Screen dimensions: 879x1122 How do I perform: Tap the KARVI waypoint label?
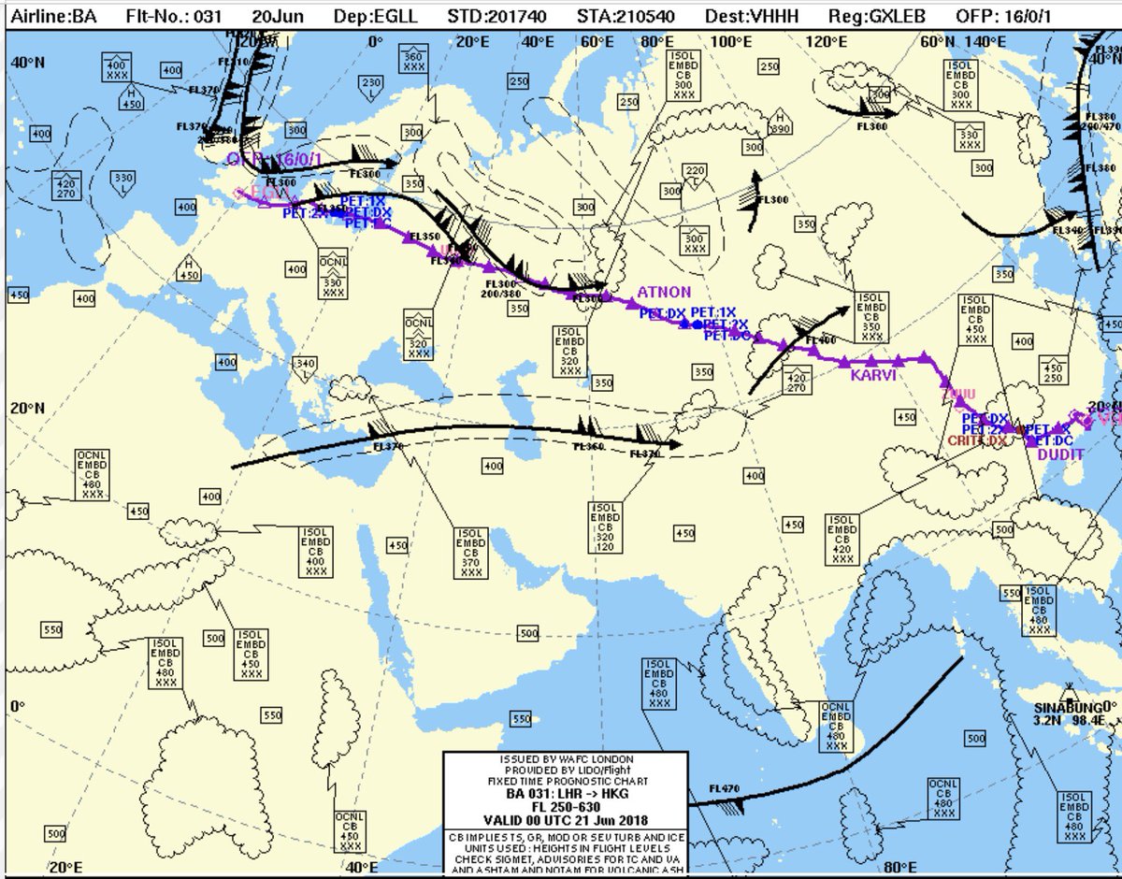point(873,375)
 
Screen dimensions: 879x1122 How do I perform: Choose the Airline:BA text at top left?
point(52,16)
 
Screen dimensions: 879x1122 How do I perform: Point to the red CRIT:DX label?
point(977,440)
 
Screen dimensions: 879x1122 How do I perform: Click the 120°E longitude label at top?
point(828,42)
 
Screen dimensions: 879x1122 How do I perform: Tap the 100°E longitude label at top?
point(731,42)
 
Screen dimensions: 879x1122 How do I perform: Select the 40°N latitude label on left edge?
point(28,61)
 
